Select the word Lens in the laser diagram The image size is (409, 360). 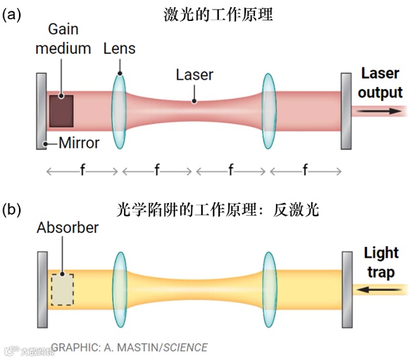tap(119, 49)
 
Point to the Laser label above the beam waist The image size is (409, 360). tap(195, 75)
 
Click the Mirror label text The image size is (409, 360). tap(79, 143)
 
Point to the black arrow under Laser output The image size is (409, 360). tap(379, 111)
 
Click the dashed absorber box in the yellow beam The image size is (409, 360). tap(62, 289)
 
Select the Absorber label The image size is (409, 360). tap(67, 227)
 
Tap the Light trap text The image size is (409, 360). tap(380, 263)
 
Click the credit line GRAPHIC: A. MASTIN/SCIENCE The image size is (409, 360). tap(129, 347)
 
